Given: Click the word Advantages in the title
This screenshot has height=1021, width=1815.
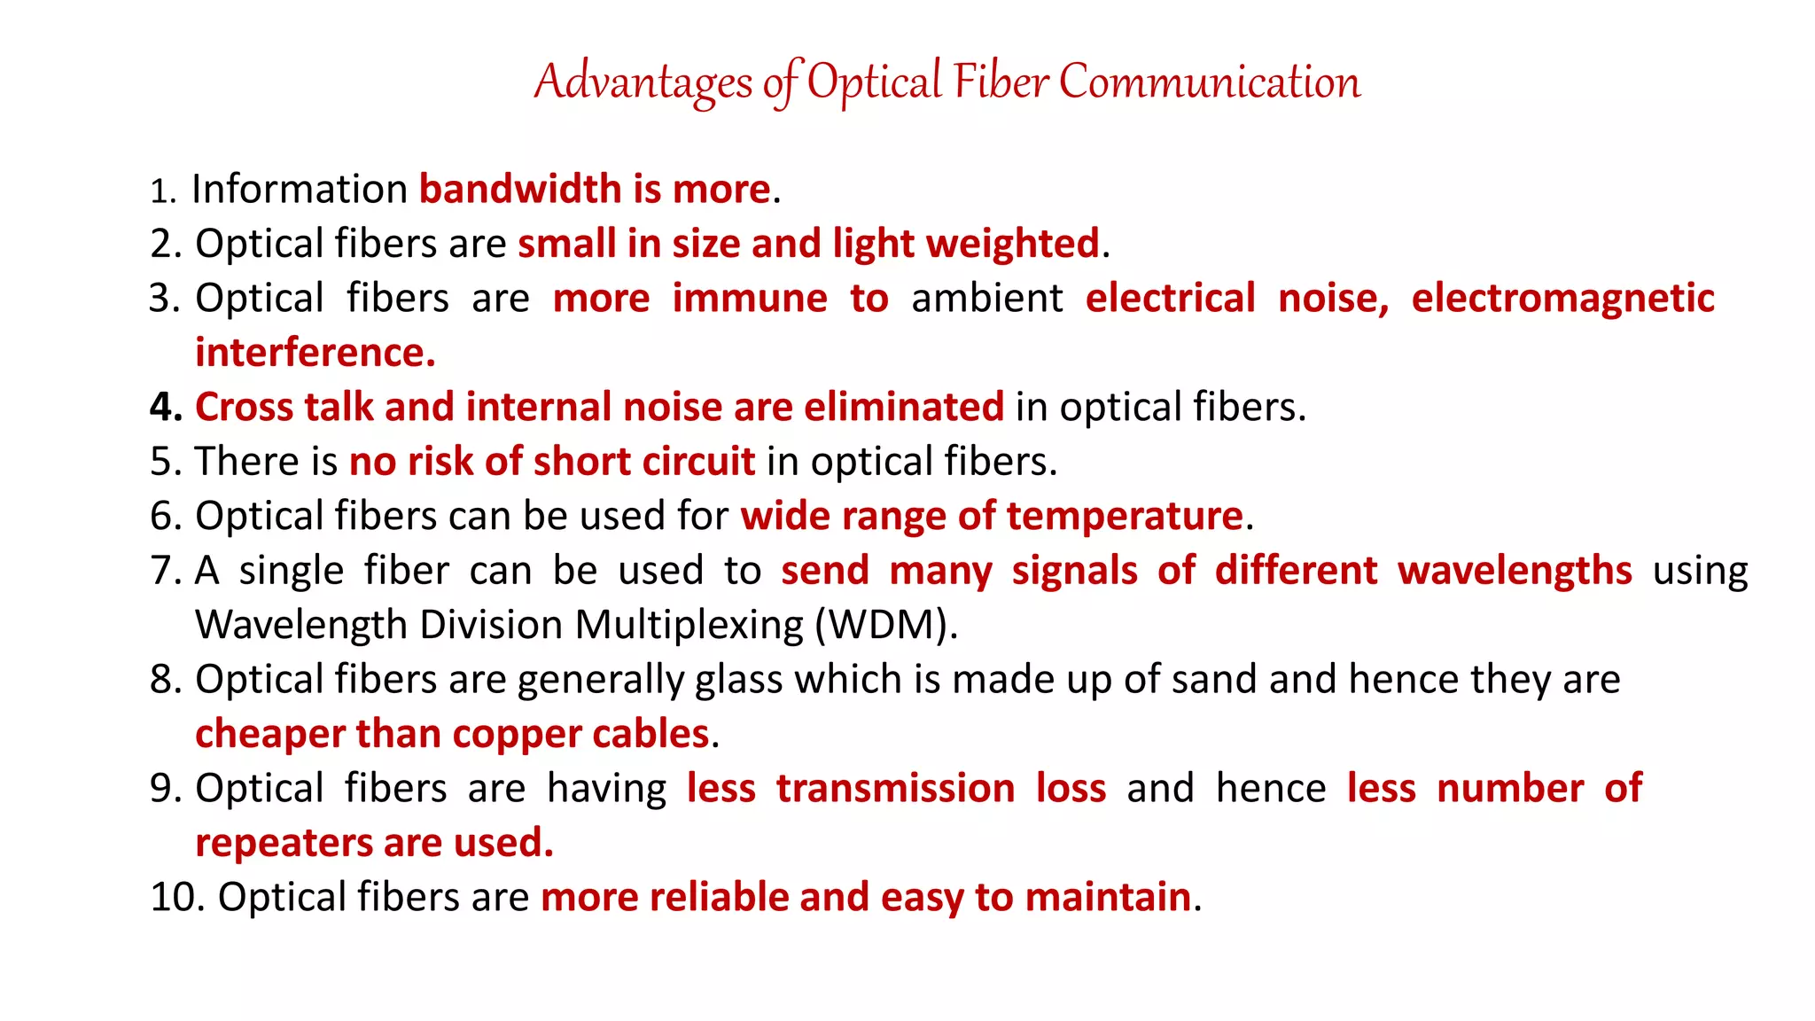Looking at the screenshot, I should (643, 82).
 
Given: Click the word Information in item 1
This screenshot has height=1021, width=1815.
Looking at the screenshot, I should (299, 190).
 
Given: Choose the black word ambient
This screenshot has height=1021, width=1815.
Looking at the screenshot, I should (986, 299).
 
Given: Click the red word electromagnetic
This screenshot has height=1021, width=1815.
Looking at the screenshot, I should (1562, 299).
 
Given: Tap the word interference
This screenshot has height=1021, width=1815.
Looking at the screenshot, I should (315, 353).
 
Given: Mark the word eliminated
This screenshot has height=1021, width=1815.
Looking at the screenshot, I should (903, 408).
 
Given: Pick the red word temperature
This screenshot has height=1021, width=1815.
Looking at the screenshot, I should (1125, 517).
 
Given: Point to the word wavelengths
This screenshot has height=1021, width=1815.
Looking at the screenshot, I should (1515, 571).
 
